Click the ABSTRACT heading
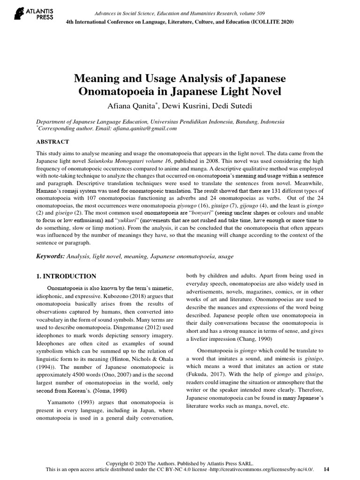point(53,142)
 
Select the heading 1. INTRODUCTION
point(66,276)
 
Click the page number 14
point(327,469)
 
